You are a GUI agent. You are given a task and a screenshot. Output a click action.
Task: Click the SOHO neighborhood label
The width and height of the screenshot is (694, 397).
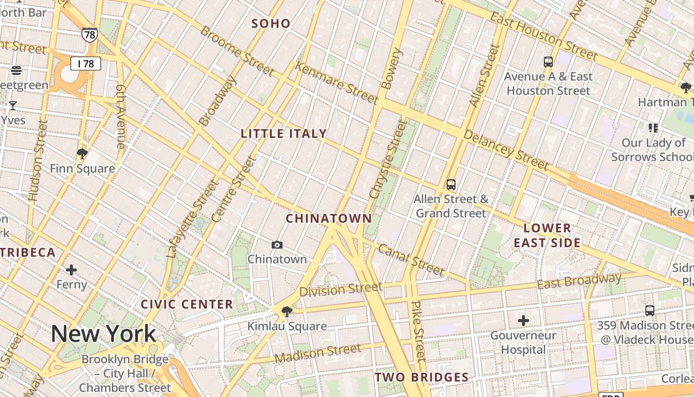pyautogui.click(x=271, y=23)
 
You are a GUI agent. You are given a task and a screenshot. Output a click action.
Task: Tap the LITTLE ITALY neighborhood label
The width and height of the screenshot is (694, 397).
pyautogui.click(x=284, y=133)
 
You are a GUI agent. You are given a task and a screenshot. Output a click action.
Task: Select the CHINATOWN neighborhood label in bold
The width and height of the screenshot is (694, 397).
pyautogui.click(x=329, y=218)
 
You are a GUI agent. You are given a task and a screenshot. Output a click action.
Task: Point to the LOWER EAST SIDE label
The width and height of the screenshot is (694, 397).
pyautogui.click(x=547, y=235)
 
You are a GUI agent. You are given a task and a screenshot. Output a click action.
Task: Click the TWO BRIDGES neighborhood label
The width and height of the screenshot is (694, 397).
pyautogui.click(x=421, y=377)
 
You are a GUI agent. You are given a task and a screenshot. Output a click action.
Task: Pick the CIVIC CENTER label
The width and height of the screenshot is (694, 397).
pyautogui.click(x=187, y=304)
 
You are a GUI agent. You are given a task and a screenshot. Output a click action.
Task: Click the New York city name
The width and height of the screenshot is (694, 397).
pyautogui.click(x=104, y=334)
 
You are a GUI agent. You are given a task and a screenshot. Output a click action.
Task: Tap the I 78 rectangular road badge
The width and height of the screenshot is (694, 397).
pyautogui.click(x=86, y=64)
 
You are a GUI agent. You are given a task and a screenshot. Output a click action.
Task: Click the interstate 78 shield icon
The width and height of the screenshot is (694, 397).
pyautogui.click(x=90, y=35)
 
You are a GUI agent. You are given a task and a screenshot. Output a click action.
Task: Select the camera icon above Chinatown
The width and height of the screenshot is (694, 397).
pyautogui.click(x=277, y=245)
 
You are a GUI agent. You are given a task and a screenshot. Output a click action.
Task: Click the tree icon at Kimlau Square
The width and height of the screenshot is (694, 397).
pyautogui.click(x=287, y=312)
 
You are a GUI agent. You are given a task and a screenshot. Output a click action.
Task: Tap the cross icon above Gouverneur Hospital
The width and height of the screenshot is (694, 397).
pyautogui.click(x=523, y=321)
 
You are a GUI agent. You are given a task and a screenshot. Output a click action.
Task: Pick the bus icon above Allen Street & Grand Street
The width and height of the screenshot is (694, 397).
pyautogui.click(x=451, y=185)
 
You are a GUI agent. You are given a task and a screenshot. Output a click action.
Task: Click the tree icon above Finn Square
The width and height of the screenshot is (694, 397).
pyautogui.click(x=82, y=154)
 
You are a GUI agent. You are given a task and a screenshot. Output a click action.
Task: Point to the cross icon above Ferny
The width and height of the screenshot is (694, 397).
pyautogui.click(x=71, y=270)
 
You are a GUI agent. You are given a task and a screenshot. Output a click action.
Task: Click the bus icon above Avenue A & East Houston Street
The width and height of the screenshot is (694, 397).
pyautogui.click(x=548, y=62)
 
